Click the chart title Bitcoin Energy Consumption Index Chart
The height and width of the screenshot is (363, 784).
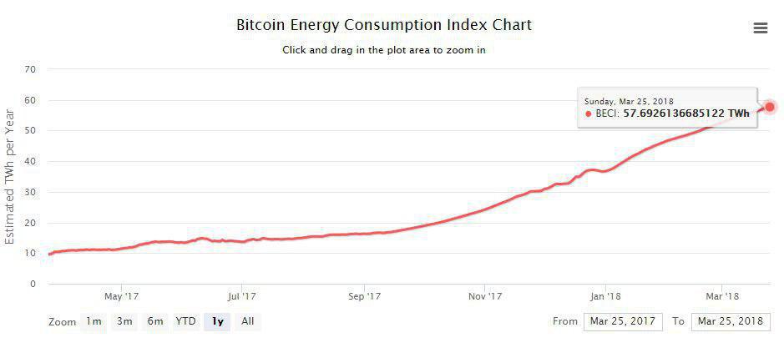pyautogui.click(x=384, y=25)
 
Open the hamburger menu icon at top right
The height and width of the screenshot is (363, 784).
pyautogui.click(x=760, y=28)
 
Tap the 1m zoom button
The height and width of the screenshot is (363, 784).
pyautogui.click(x=94, y=321)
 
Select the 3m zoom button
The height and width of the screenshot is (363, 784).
pyautogui.click(x=124, y=321)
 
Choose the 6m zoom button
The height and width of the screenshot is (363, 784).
pyautogui.click(x=155, y=321)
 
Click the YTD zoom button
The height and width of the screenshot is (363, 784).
pyautogui.click(x=185, y=321)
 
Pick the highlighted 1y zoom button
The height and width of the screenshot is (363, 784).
pyautogui.click(x=218, y=321)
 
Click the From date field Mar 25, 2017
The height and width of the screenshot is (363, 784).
pyautogui.click(x=623, y=321)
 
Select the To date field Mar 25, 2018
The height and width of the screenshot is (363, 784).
pyautogui.click(x=731, y=321)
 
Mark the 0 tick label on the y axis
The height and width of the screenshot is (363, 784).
pyautogui.click(x=33, y=284)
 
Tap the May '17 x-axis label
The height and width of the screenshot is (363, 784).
pyautogui.click(x=122, y=295)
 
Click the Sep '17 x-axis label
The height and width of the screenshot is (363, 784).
pyautogui.click(x=364, y=295)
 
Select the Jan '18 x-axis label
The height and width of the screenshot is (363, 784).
pyautogui.click(x=605, y=295)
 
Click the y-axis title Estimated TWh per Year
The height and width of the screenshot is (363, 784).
pyautogui.click(x=10, y=175)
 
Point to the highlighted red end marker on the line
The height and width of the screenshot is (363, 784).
pyautogui.click(x=770, y=107)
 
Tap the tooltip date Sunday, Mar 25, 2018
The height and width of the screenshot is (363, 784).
pyautogui.click(x=629, y=101)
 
